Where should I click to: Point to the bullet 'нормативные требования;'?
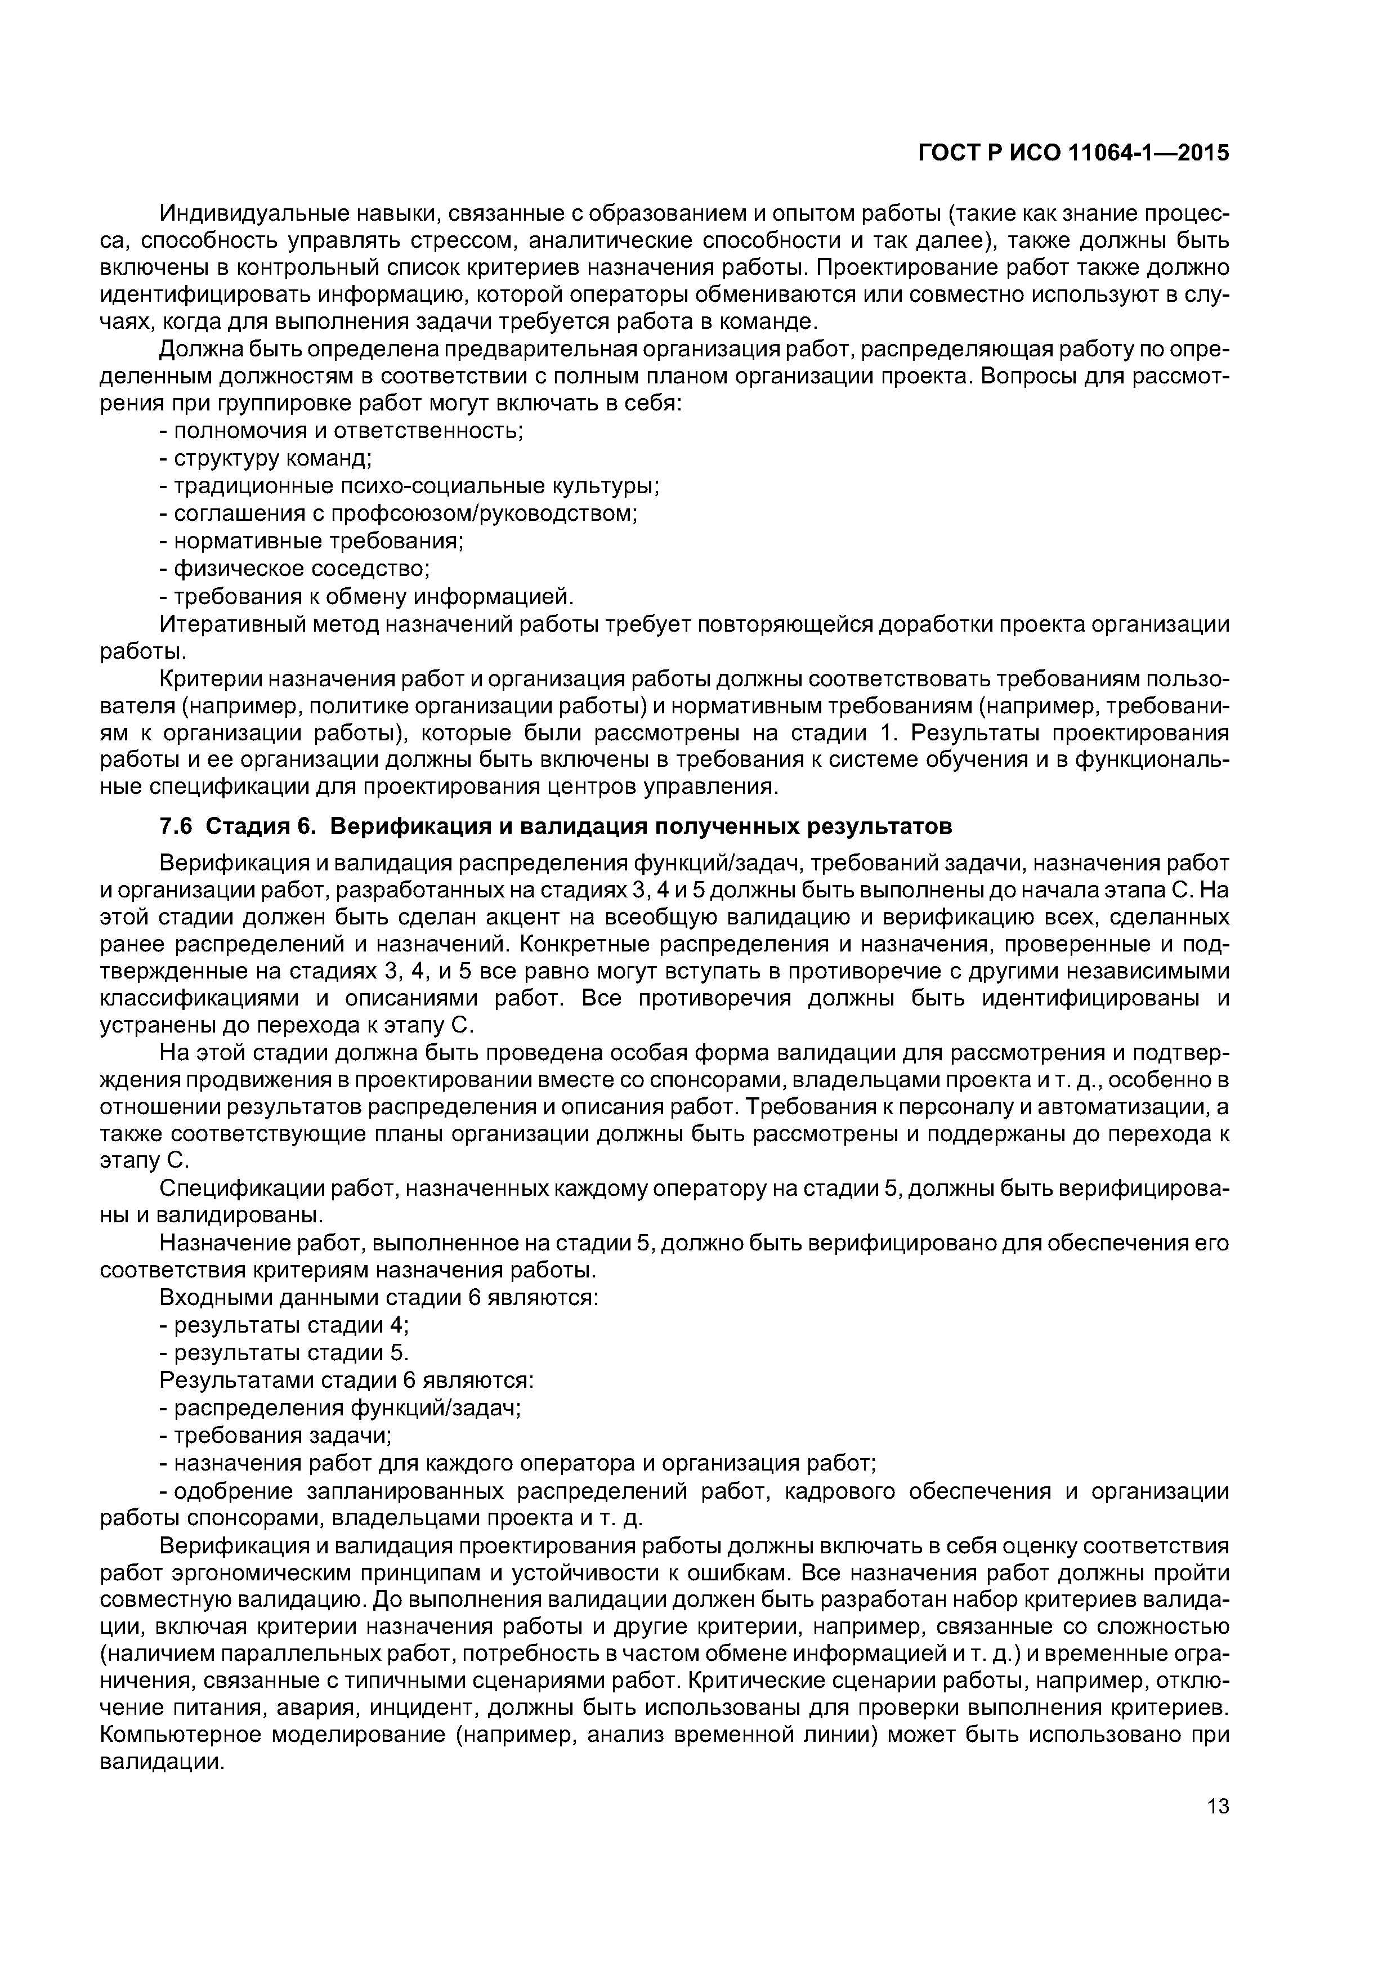311,541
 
